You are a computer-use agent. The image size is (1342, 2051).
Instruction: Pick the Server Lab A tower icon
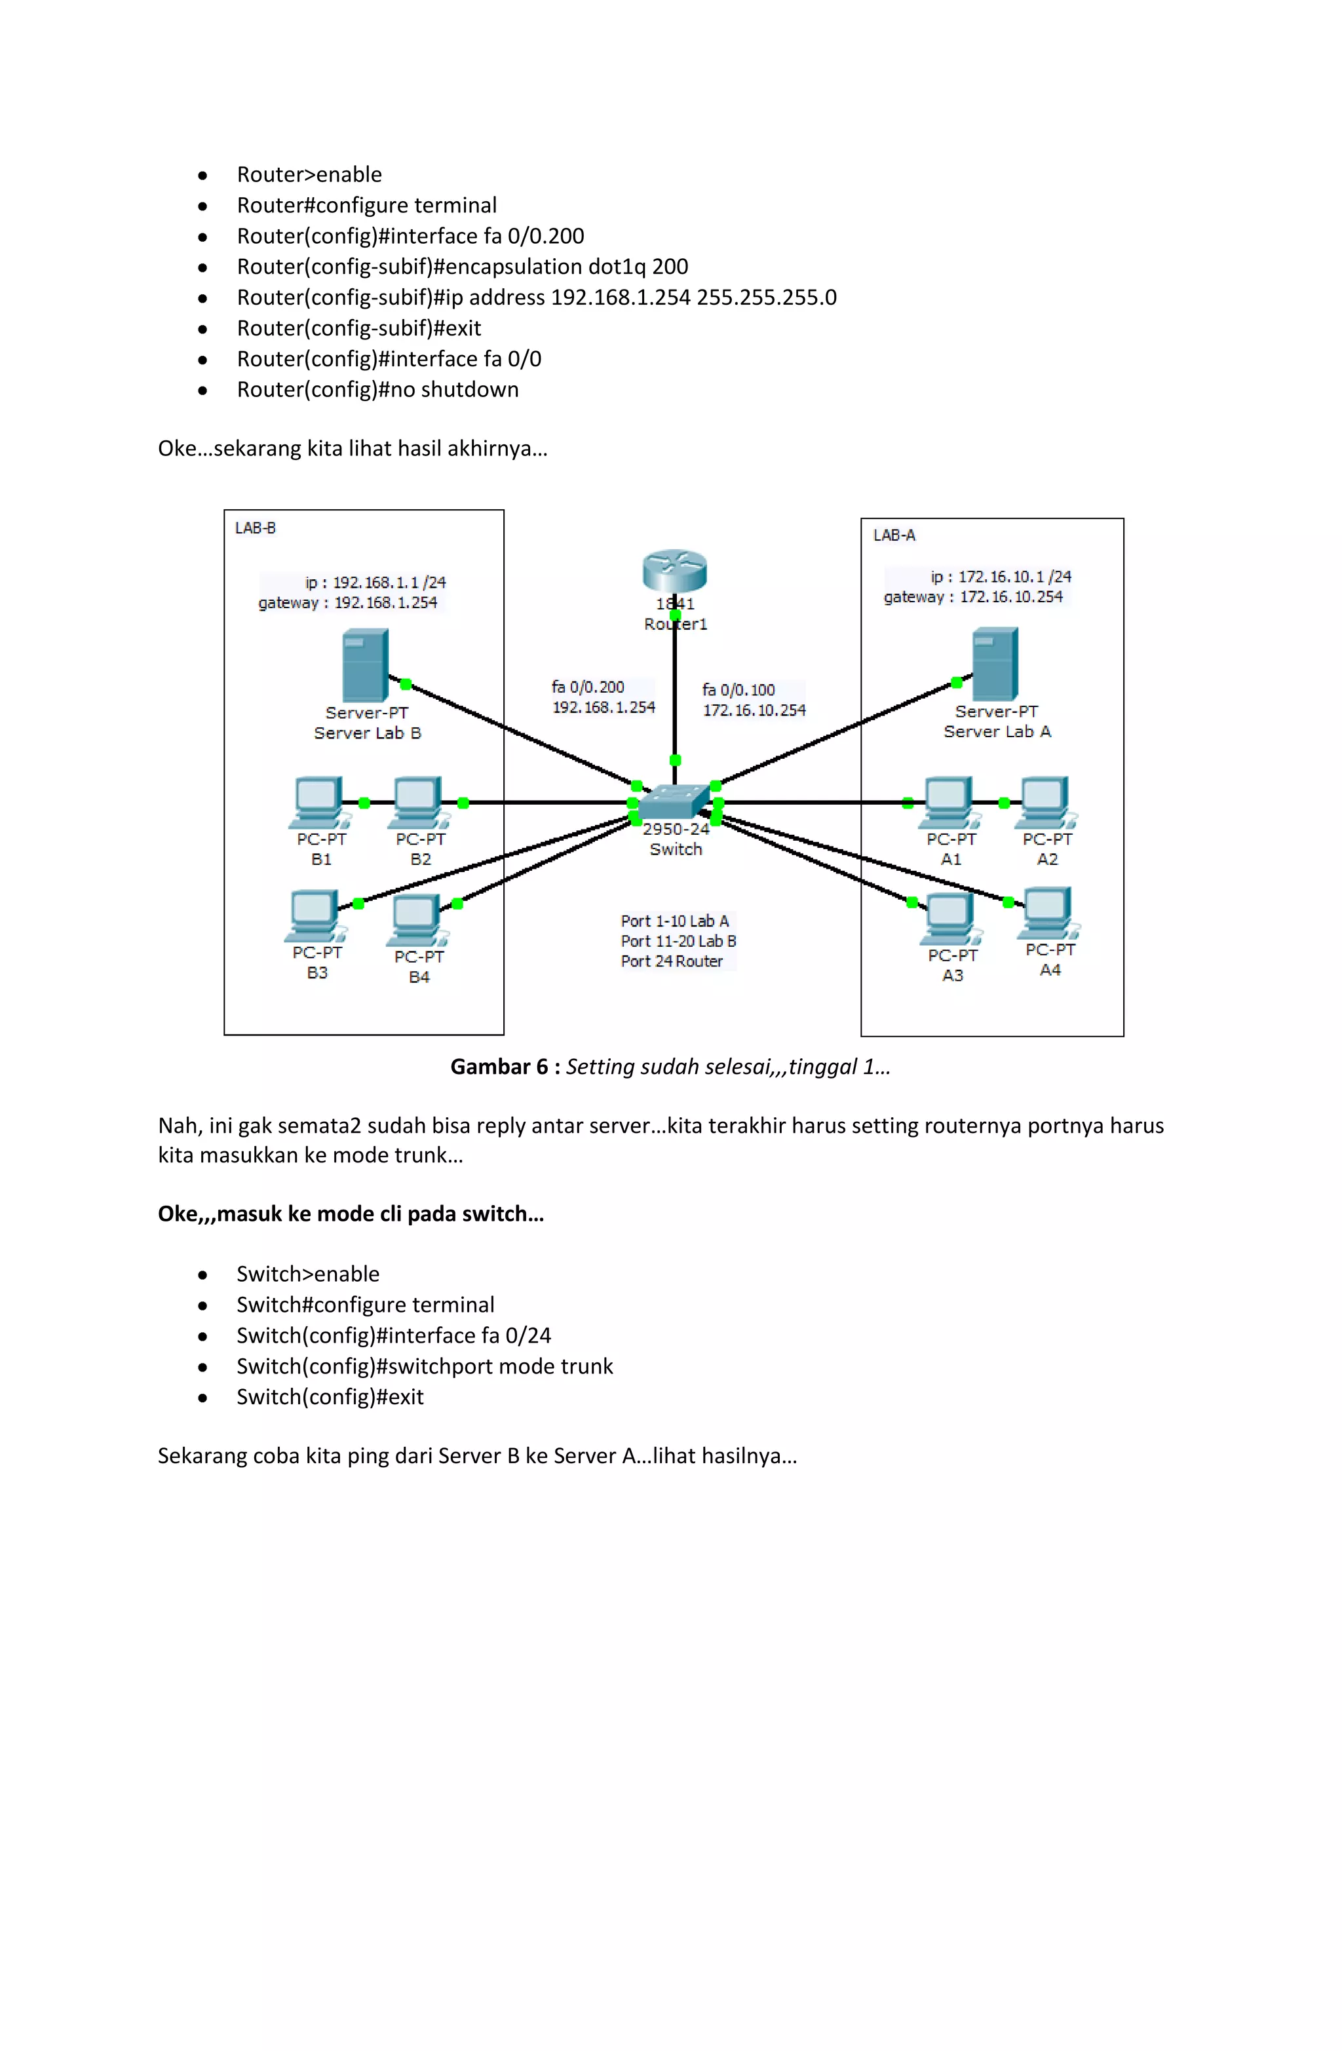995,664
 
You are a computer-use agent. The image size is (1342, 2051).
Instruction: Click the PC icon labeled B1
318,801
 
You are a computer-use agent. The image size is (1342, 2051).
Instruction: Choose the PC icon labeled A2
1045,801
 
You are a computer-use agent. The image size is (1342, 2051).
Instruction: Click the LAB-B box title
255,527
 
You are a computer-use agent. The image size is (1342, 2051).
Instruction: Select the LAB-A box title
894,535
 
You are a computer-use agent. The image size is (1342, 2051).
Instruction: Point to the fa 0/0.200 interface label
588,687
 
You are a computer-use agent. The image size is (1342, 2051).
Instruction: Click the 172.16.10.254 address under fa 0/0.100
754,710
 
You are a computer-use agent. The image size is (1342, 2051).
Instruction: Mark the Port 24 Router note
672,961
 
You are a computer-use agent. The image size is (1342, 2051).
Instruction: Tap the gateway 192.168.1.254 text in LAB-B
347,602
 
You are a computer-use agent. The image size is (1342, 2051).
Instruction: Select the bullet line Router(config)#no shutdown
377,389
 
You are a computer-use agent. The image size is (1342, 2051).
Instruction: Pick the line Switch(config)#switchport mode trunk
425,1366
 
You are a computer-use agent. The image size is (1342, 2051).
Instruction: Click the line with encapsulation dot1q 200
462,266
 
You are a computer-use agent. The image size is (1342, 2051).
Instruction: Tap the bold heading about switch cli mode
351,1214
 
